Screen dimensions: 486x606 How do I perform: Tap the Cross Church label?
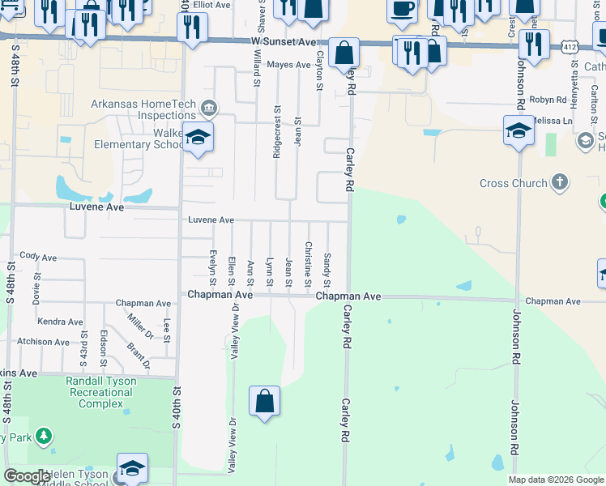(513, 183)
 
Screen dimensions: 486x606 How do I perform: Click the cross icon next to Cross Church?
(560, 182)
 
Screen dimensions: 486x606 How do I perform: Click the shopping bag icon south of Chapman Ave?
(264, 401)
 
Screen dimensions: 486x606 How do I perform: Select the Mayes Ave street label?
(289, 64)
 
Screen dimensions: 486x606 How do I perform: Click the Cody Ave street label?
(38, 256)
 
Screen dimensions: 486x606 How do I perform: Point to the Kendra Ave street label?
(60, 322)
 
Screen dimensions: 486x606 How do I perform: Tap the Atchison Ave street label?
(45, 342)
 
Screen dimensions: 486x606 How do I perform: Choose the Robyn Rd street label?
(548, 100)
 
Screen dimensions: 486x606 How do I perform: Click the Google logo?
(27, 476)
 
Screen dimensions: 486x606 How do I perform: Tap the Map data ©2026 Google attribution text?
(556, 480)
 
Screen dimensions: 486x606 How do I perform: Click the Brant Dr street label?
(139, 355)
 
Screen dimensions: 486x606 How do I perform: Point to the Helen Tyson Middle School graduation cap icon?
(132, 469)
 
